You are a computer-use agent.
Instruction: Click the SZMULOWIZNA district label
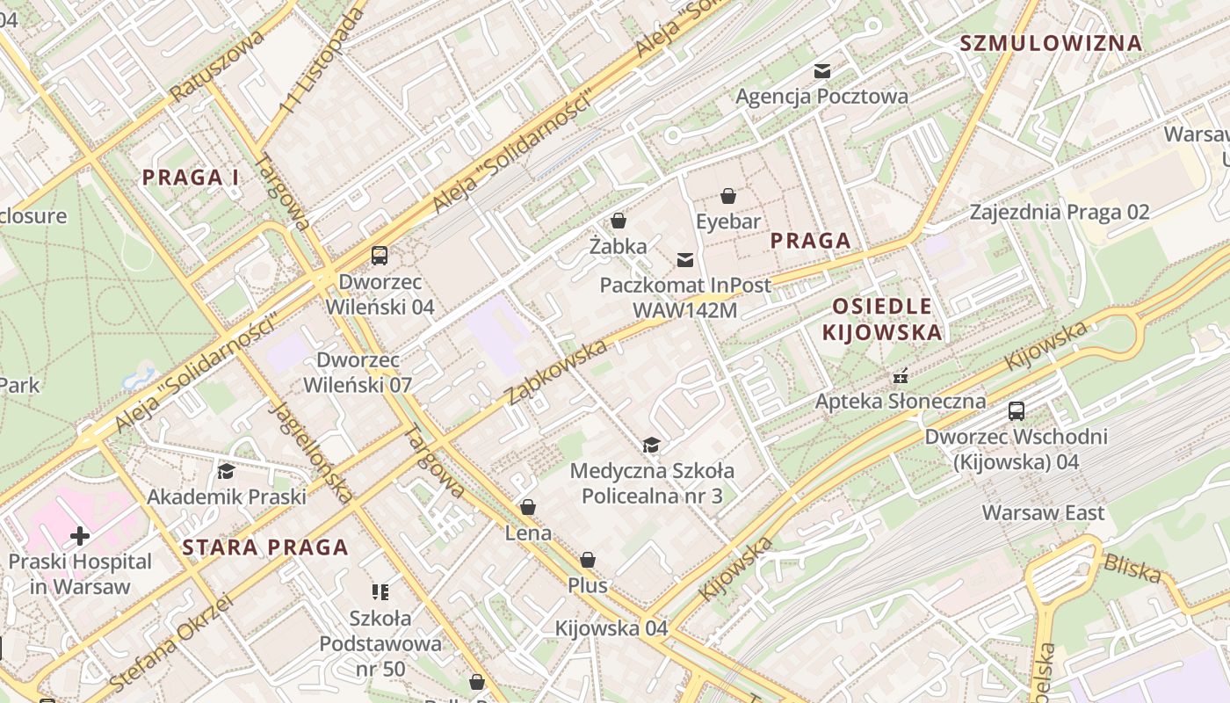(1051, 43)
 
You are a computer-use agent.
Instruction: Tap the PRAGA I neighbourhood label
(191, 177)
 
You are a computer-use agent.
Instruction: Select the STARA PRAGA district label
(265, 547)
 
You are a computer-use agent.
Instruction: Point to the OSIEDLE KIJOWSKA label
(881, 319)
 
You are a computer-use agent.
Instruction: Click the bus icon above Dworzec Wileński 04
(380, 256)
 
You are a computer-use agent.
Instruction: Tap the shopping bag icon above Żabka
(619, 221)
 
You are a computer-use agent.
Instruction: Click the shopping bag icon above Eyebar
(728, 195)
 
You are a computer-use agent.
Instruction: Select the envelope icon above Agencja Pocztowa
(822, 71)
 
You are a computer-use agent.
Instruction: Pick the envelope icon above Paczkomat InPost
(685, 259)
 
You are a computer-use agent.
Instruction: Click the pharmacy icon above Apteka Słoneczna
(900, 376)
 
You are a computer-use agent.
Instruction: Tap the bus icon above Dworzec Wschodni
(1017, 410)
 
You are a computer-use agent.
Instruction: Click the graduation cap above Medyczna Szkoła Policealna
(651, 446)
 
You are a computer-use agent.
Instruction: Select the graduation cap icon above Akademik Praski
(226, 472)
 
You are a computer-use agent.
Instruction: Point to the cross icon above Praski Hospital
(80, 535)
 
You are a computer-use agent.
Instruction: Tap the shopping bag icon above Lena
(528, 507)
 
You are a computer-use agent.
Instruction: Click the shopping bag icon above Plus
(588, 560)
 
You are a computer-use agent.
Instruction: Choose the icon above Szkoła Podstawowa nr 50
(380, 592)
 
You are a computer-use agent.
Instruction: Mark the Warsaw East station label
(1043, 512)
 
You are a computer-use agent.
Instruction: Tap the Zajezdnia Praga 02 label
(1060, 212)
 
